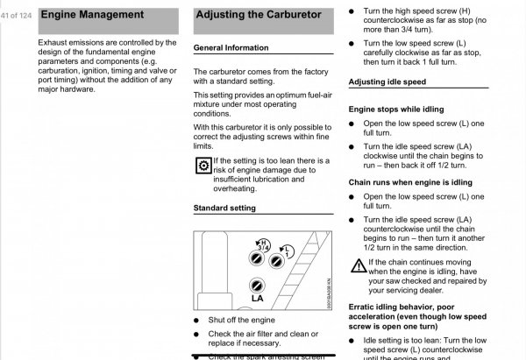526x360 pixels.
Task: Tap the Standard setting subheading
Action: pyautogui.click(x=224, y=208)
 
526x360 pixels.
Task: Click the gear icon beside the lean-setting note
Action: pyautogui.click(x=203, y=166)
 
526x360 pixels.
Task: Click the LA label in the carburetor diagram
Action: pyautogui.click(x=257, y=298)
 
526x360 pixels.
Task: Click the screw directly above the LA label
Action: pyautogui.click(x=257, y=284)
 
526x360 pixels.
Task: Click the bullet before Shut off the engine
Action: pyautogui.click(x=197, y=321)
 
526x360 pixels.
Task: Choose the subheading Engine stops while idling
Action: pyautogui.click(x=396, y=109)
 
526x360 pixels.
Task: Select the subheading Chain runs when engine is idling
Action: pyautogui.click(x=410, y=182)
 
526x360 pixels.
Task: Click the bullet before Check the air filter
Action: pyautogui.click(x=197, y=335)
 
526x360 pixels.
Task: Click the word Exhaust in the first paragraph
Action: pyautogui.click(x=56, y=42)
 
